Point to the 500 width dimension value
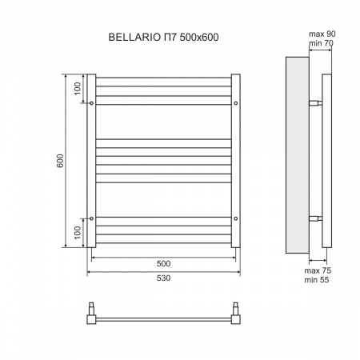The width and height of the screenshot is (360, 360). (x=163, y=263)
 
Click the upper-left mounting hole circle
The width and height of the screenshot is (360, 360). (x=93, y=103)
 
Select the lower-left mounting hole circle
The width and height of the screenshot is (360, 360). (x=93, y=218)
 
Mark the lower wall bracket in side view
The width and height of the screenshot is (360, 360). (x=315, y=218)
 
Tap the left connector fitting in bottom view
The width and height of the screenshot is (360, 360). (x=94, y=312)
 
